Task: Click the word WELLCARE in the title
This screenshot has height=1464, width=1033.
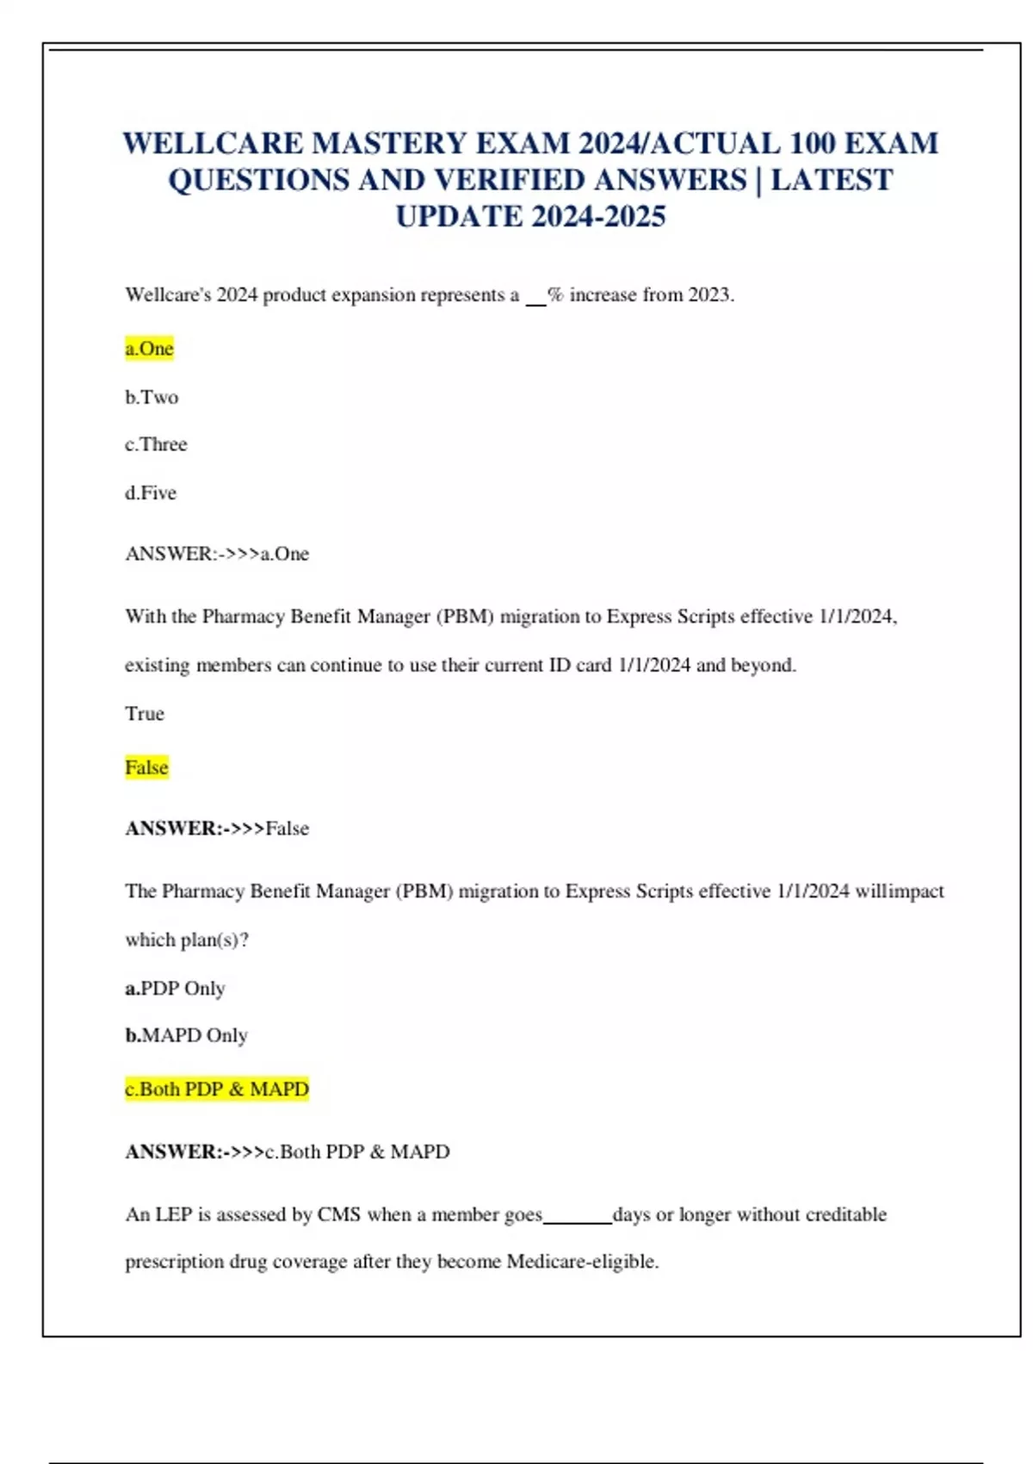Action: (x=213, y=143)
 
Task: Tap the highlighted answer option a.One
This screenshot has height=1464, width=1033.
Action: (x=150, y=349)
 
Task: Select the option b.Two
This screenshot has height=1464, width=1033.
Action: (x=152, y=397)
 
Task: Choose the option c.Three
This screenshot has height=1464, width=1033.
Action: (x=156, y=444)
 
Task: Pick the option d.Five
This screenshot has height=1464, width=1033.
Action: (x=151, y=493)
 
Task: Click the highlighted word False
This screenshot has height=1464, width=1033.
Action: (x=146, y=767)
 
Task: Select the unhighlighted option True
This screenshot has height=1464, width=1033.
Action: (x=145, y=713)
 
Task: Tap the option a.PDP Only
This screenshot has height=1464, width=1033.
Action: (x=175, y=988)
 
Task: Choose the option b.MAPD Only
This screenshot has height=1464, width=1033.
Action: (x=186, y=1035)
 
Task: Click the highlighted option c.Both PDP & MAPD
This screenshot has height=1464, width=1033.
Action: (x=217, y=1089)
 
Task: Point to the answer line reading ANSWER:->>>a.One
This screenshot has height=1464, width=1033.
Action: (x=217, y=554)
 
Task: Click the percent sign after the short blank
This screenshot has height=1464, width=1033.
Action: (x=555, y=295)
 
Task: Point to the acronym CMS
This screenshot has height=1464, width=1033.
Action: (x=338, y=1214)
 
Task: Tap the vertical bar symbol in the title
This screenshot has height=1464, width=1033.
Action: (x=758, y=180)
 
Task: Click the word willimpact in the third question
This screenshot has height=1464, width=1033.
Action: (x=900, y=891)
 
